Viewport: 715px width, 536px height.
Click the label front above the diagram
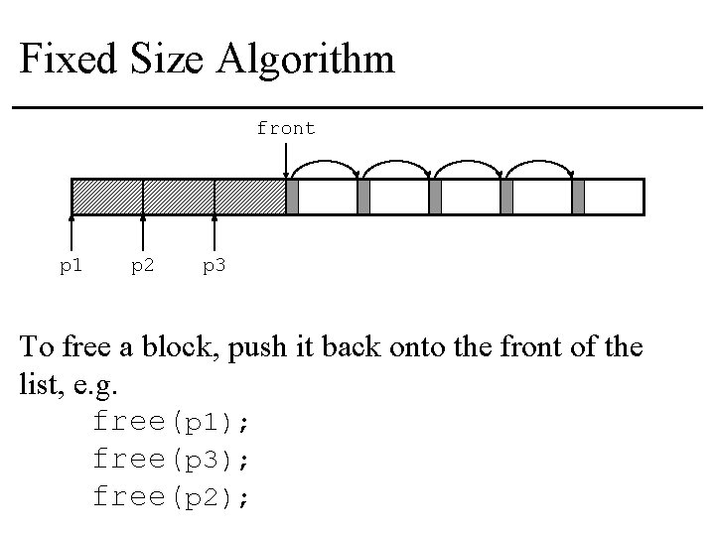pos(286,128)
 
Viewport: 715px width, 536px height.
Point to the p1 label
pos(71,265)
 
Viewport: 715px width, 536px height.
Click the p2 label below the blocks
pos(143,265)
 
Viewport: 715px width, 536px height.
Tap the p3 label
pos(214,265)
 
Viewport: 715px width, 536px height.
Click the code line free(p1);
pos(171,422)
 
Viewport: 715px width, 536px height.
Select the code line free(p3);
pos(171,459)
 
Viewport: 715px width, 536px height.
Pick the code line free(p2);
pos(171,495)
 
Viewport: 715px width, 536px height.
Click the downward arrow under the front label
pos(286,159)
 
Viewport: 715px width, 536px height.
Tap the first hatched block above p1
pos(107,197)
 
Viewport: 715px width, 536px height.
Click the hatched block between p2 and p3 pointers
pos(179,197)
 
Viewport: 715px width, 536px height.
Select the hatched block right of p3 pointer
pos(250,197)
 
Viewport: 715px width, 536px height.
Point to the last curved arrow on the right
pos(540,163)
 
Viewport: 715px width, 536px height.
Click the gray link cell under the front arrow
pos(292,197)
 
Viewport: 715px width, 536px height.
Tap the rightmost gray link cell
pos(579,197)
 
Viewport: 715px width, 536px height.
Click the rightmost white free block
pos(614,197)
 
